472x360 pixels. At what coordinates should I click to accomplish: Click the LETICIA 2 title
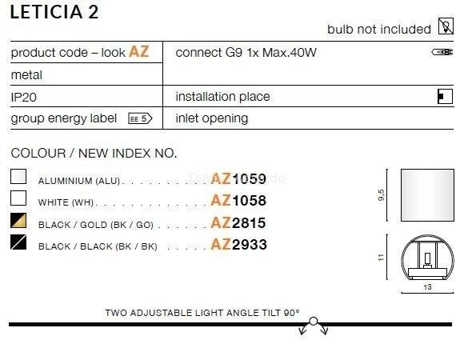pyautogui.click(x=54, y=12)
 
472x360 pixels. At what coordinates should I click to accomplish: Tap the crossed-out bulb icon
pyautogui.click(x=446, y=26)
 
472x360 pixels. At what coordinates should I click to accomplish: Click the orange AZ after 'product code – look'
pyautogui.click(x=139, y=51)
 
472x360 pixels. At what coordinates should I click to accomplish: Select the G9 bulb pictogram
pyautogui.click(x=442, y=52)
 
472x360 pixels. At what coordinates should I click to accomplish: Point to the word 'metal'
pyautogui.click(x=26, y=75)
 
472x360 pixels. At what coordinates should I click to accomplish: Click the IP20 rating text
pyautogui.click(x=23, y=98)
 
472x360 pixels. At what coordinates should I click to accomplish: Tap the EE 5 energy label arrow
pyautogui.click(x=140, y=118)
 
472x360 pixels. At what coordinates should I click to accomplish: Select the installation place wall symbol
pyautogui.click(x=445, y=97)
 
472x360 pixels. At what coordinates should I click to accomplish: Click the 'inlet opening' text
pyautogui.click(x=212, y=118)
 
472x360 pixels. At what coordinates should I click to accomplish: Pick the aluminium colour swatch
pyautogui.click(x=18, y=176)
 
